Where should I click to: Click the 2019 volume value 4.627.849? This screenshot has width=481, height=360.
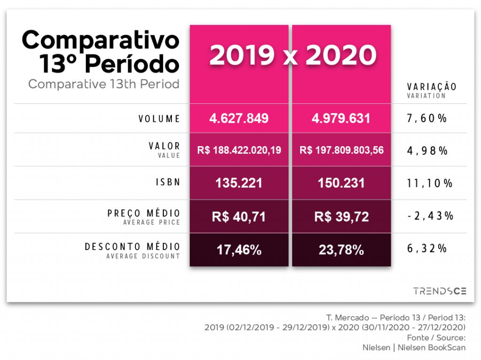(239, 118)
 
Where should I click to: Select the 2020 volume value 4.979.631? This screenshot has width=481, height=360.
(341, 118)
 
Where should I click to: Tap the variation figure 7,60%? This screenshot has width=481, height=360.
(427, 118)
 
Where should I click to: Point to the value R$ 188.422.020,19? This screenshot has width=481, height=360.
(239, 150)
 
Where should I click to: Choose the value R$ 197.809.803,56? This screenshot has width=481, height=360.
(341, 150)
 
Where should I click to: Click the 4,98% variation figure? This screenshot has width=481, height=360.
(427, 150)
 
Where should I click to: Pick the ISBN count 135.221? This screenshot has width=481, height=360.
(239, 183)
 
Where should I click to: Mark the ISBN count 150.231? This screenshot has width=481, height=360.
(341, 183)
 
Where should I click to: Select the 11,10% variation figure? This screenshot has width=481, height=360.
(429, 183)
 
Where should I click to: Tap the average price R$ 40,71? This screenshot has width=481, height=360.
(239, 217)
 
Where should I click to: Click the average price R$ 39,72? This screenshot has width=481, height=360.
(341, 217)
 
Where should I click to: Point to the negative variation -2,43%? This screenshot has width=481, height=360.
(429, 216)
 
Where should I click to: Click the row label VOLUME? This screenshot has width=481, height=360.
(159, 118)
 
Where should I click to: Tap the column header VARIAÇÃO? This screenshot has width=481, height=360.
(431, 87)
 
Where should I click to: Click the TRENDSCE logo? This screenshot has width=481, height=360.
(440, 291)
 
